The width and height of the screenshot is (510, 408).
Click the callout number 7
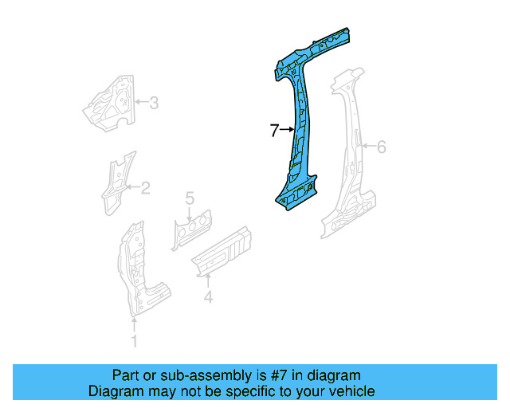click(273, 130)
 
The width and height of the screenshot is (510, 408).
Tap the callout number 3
click(154, 102)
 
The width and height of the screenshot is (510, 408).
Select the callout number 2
click(145, 188)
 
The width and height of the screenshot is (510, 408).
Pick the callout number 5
click(190, 198)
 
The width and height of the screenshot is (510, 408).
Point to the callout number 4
click(208, 298)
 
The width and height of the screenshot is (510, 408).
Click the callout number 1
click(134, 342)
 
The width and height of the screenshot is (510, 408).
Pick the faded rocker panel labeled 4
click(223, 251)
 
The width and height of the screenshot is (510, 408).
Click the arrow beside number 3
click(140, 102)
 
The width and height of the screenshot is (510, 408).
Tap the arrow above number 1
click(134, 324)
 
